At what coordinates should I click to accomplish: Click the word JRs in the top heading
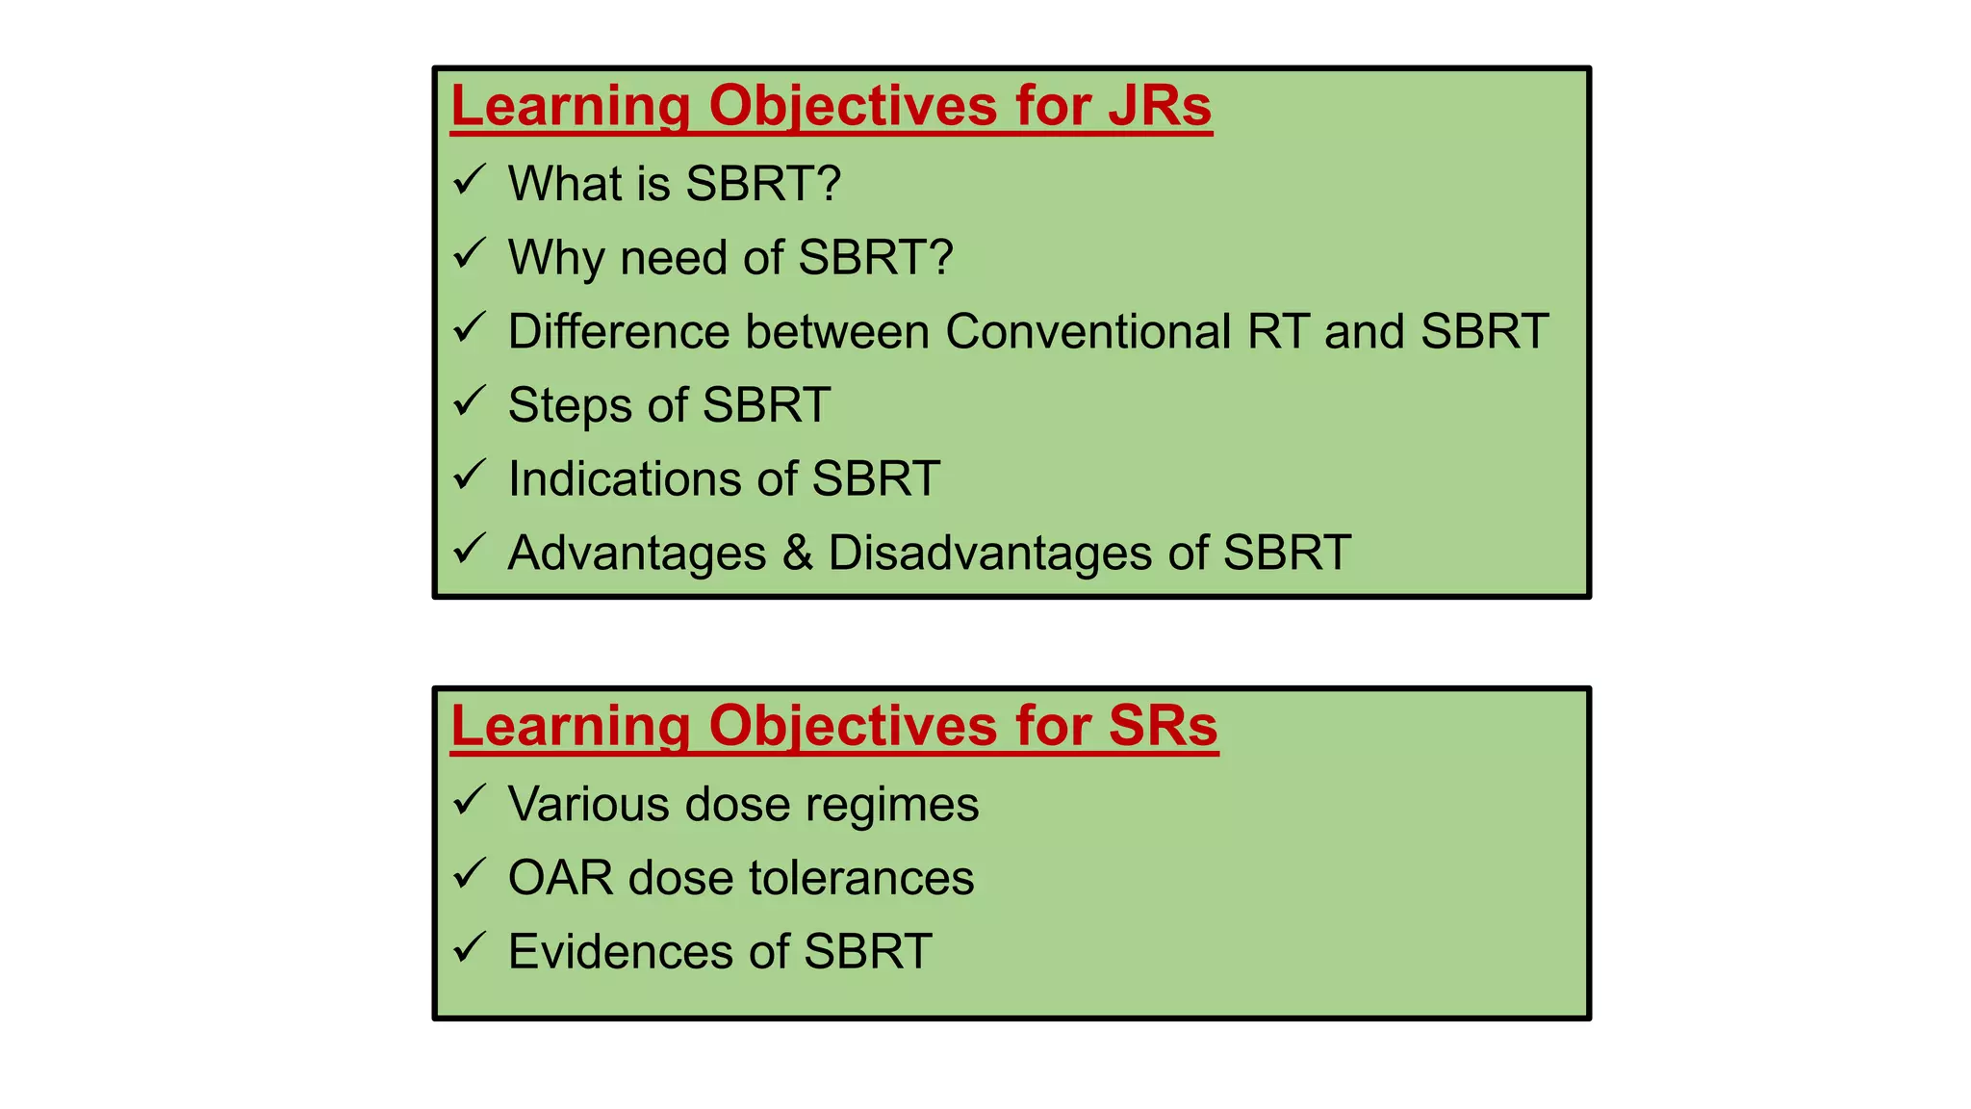point(1160,106)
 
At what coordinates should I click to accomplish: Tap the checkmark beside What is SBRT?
point(470,180)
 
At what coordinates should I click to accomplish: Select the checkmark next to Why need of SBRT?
point(470,254)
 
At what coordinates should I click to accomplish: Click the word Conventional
point(1088,332)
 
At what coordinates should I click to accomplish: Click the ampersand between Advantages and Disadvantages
point(797,554)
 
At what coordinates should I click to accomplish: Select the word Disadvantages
point(989,554)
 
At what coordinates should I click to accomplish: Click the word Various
point(588,804)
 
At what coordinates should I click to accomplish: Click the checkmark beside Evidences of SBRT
point(470,948)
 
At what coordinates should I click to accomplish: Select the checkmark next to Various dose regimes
point(470,800)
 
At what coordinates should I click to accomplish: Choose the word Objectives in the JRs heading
point(853,106)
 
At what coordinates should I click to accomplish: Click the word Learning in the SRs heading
point(570,726)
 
